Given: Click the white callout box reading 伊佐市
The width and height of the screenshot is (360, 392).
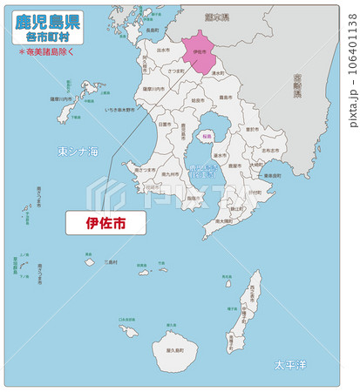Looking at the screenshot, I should point(105,222).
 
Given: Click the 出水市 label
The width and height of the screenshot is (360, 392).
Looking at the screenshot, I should point(163,51).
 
